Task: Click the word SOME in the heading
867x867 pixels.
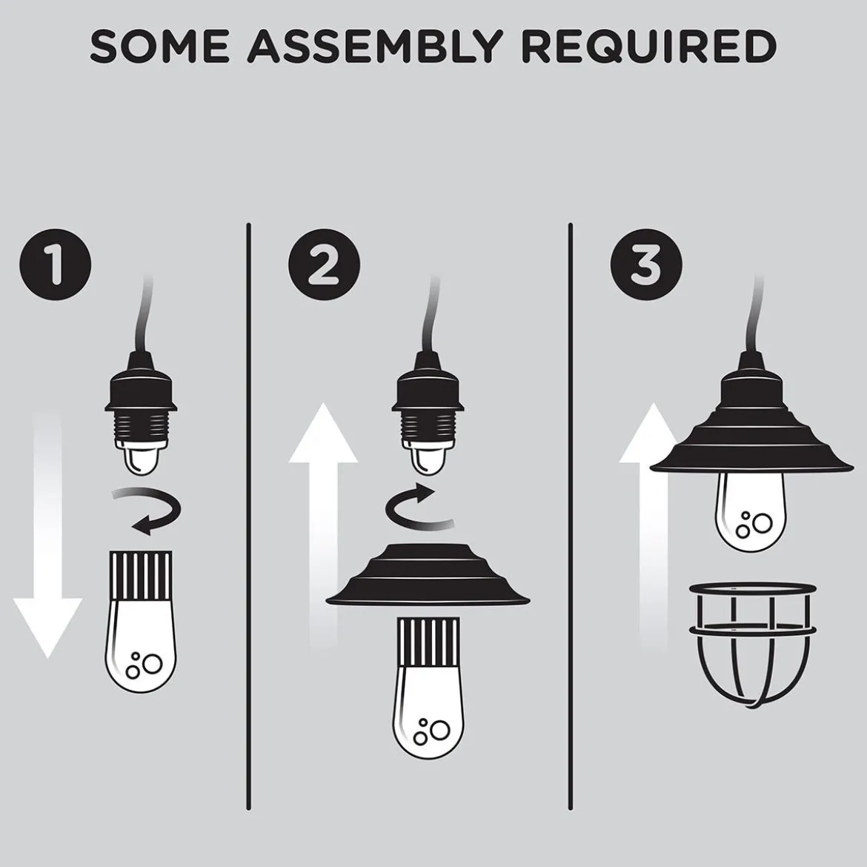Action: tap(160, 46)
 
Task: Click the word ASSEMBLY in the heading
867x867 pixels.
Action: tap(375, 46)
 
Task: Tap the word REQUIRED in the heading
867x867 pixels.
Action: tap(649, 46)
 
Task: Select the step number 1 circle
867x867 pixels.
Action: tap(56, 265)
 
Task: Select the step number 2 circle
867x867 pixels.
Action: tap(324, 265)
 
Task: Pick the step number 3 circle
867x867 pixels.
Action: tap(646, 265)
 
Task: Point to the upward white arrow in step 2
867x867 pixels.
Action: tap(324, 525)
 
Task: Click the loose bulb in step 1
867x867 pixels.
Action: tap(141, 622)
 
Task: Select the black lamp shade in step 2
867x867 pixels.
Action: tap(428, 575)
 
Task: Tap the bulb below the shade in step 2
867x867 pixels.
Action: tap(428, 688)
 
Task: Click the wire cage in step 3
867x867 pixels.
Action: tap(753, 645)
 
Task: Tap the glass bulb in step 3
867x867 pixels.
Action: tap(753, 511)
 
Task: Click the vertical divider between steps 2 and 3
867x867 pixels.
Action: tap(571, 516)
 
